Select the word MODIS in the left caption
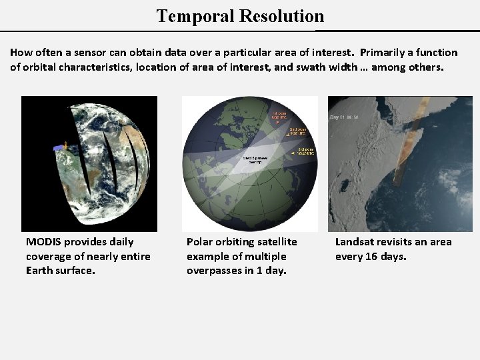(x=43, y=242)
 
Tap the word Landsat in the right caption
(x=355, y=242)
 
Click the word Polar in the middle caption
(x=200, y=242)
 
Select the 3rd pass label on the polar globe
(x=305, y=151)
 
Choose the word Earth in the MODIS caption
(x=40, y=271)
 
